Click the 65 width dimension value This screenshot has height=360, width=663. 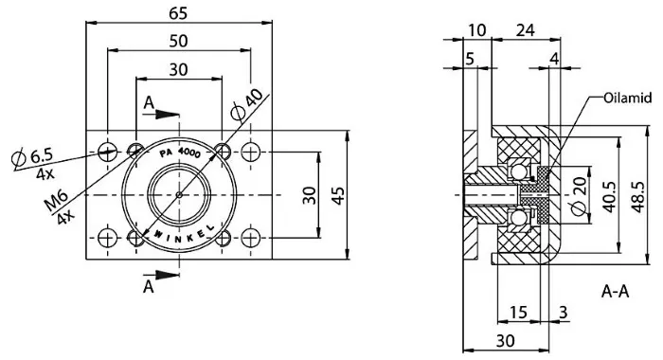point(178,13)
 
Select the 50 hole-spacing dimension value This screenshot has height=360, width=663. point(178,41)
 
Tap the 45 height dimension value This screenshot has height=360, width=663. point(338,195)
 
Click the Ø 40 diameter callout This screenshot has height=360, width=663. point(247,104)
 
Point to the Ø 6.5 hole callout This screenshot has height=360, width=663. point(32,157)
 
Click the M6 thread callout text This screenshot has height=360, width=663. point(56,201)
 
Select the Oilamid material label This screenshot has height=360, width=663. point(627,99)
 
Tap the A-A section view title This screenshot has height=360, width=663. point(616,292)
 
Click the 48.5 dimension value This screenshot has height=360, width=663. point(637,197)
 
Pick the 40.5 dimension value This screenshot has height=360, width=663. point(609,197)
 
